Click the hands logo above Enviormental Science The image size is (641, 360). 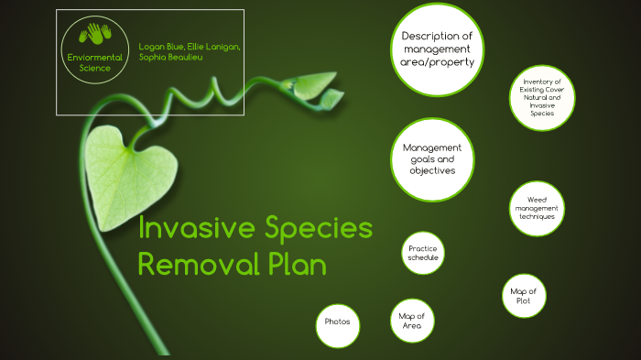coord(95,36)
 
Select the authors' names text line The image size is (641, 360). coord(190,50)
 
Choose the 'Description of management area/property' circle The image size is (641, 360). coord(436,49)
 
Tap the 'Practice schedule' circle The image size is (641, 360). coord(423,254)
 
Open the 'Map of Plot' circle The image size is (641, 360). coord(528,297)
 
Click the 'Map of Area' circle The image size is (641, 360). coord(411,322)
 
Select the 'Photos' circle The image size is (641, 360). coord(337,322)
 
